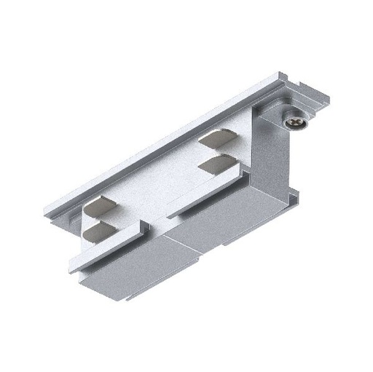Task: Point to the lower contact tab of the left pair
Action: pyautogui.click(x=99, y=233)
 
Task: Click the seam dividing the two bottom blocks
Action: pyautogui.click(x=165, y=248)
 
